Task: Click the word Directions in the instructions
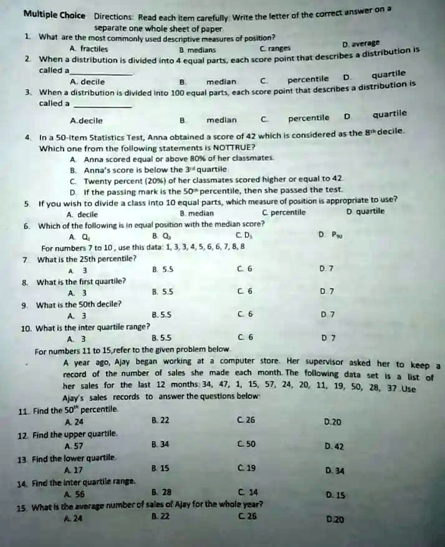[113, 18]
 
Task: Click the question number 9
[24, 305]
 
